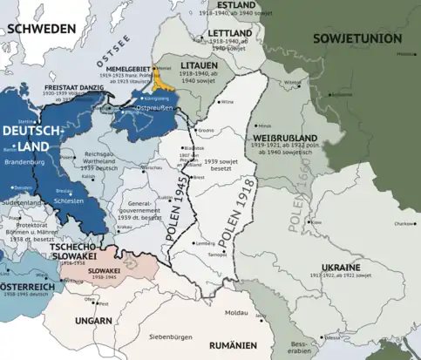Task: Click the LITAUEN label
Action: coord(194,65)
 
